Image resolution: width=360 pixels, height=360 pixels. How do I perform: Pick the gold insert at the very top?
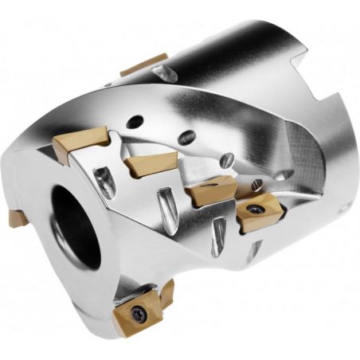pyautogui.click(x=144, y=64)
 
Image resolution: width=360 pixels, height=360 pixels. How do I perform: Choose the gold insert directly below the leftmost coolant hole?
pyautogui.click(x=143, y=166)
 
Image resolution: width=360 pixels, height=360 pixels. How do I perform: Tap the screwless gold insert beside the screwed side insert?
pyautogui.click(x=209, y=192)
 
